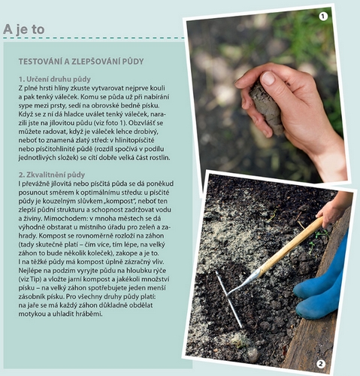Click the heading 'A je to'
point(24,29)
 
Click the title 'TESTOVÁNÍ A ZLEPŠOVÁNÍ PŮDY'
point(81,62)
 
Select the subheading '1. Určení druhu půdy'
point(55,79)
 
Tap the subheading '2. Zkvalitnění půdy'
point(52,174)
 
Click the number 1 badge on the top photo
point(323,17)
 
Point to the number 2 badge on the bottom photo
point(320,364)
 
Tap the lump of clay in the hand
point(267,107)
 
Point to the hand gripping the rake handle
point(331,211)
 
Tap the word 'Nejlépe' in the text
point(30,271)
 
